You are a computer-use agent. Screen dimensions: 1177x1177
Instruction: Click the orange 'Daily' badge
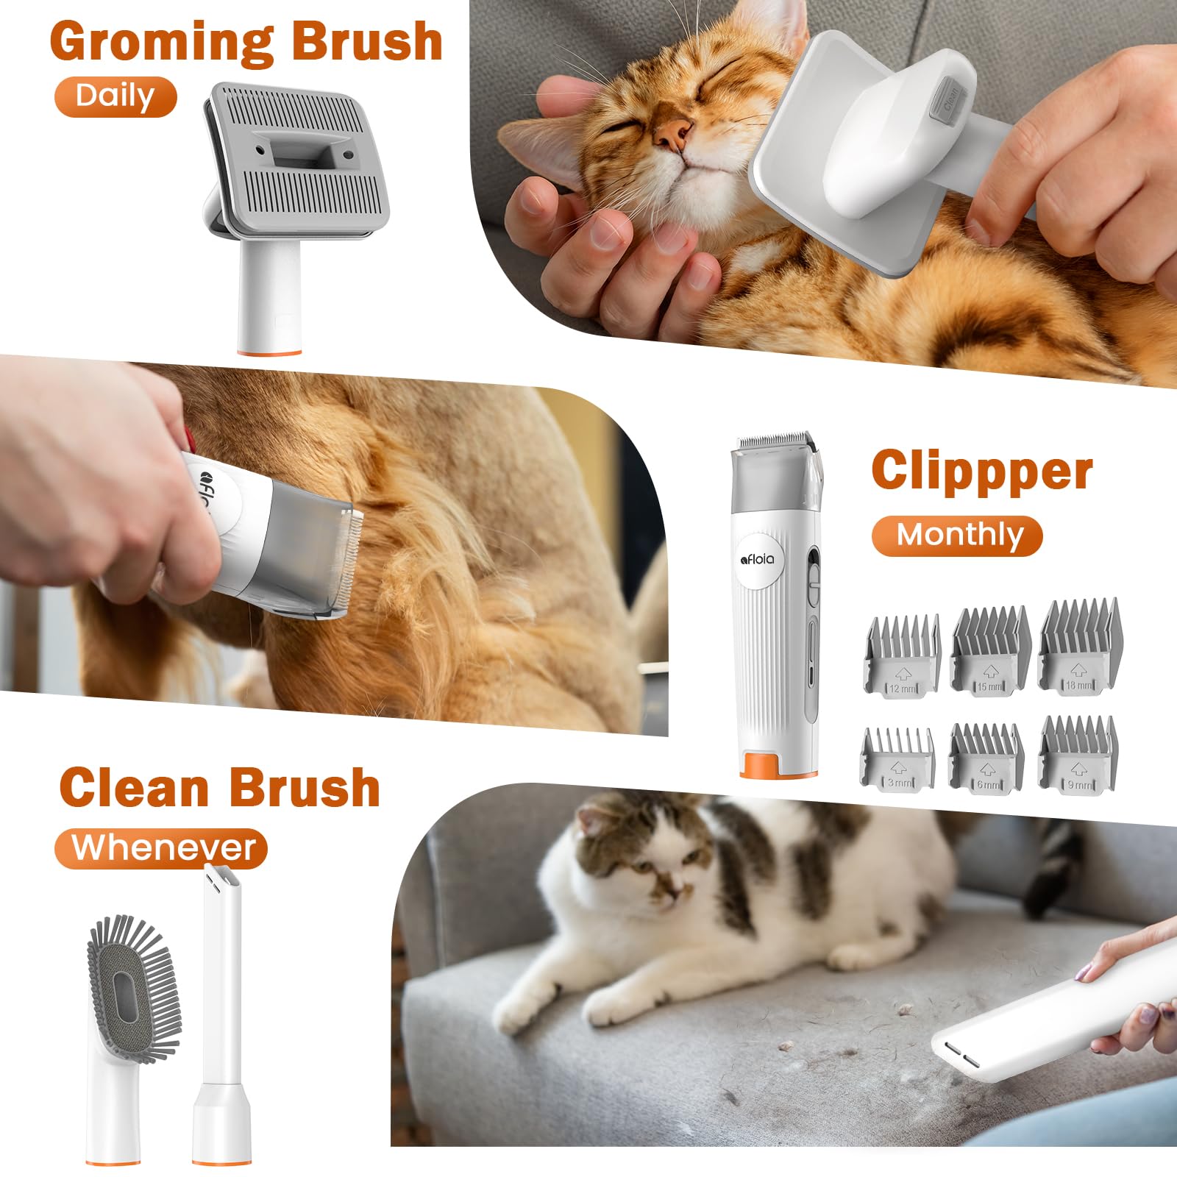pyautogui.click(x=115, y=96)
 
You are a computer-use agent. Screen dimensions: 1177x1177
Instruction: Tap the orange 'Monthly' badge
pyautogui.click(x=957, y=536)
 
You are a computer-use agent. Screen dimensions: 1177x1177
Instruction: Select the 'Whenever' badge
pyautogui.click(x=161, y=848)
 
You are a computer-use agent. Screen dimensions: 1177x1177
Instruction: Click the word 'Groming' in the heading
pyautogui.click(x=162, y=42)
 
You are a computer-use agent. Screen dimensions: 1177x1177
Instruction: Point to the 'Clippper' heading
pyautogui.click(x=981, y=471)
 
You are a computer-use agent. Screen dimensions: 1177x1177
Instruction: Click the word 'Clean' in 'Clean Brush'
pyautogui.click(x=135, y=789)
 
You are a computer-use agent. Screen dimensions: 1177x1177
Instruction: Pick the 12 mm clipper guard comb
pyautogui.click(x=902, y=657)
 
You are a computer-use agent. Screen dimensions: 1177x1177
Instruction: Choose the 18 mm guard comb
pyautogui.click(x=1079, y=647)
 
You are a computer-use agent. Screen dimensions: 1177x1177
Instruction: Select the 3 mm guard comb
pyautogui.click(x=897, y=759)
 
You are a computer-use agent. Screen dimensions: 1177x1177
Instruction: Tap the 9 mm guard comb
pyautogui.click(x=1078, y=754)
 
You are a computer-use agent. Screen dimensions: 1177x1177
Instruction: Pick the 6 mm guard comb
pyautogui.click(x=986, y=758)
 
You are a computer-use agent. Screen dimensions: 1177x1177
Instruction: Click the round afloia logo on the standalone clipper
pyautogui.click(x=758, y=559)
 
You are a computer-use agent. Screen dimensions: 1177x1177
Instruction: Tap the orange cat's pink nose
pyautogui.click(x=673, y=133)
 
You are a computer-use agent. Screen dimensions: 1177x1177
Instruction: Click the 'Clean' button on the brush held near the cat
pyautogui.click(x=948, y=101)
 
